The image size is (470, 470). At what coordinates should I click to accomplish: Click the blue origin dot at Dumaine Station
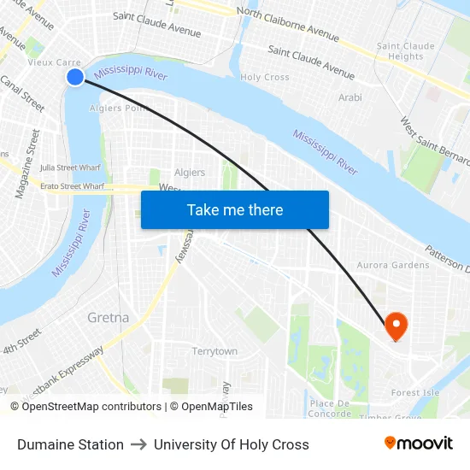pos(75,77)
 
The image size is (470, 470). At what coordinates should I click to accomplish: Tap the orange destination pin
pos(396,325)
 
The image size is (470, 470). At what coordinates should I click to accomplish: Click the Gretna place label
pos(109,318)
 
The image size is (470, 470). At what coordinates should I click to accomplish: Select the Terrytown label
pos(214,351)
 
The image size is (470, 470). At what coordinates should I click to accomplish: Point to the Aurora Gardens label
pos(393,266)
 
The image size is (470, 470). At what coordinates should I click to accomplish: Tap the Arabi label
pos(350,98)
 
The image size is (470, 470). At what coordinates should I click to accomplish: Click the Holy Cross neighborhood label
pos(265,77)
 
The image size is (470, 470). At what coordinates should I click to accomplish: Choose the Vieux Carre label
pos(54,62)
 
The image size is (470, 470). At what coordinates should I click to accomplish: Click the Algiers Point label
pos(120,108)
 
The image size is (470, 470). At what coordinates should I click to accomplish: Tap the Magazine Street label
pos(27,164)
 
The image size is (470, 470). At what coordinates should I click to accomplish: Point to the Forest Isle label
pos(414,393)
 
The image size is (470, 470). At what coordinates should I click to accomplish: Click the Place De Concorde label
pos(330,408)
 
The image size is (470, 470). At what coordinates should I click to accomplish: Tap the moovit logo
pos(418,444)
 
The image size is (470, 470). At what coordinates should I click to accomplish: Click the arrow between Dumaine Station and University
pos(138,444)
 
